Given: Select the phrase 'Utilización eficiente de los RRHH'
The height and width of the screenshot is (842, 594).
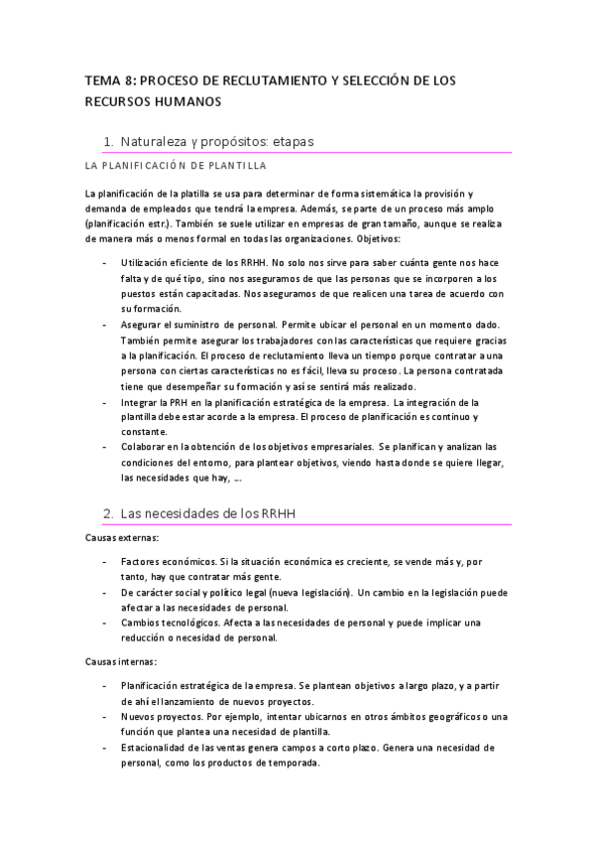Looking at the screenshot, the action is pos(192,263).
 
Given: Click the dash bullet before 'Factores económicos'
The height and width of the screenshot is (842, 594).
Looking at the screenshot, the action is pos(106,562).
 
